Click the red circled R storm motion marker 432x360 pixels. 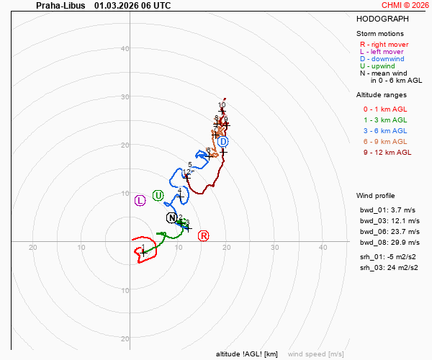pyautogui.click(x=204, y=236)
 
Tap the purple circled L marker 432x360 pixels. pyautogui.click(x=140, y=200)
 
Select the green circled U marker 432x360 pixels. pyautogui.click(x=158, y=196)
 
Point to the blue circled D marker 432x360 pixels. pyautogui.click(x=223, y=142)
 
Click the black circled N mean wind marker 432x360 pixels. pyautogui.click(x=171, y=217)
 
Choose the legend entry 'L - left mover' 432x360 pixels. pyautogui.click(x=382, y=52)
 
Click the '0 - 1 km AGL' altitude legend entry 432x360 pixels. pyautogui.click(x=384, y=109)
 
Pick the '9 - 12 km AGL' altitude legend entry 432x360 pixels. pyautogui.click(x=387, y=152)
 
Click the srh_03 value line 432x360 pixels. pyautogui.click(x=387, y=267)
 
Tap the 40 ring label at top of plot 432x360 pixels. pyautogui.click(x=125, y=49)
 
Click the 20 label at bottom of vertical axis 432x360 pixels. pyautogui.click(x=125, y=338)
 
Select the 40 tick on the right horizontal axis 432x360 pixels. pyautogui.click(x=323, y=247)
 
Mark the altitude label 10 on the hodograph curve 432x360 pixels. pyautogui.click(x=222, y=105)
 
